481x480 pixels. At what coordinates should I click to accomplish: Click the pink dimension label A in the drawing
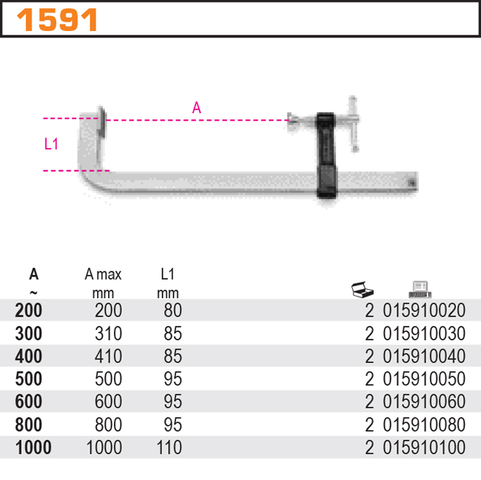pos(196,108)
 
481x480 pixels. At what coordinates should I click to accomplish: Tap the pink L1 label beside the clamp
pos(51,144)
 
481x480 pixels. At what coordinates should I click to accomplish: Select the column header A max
pos(103,274)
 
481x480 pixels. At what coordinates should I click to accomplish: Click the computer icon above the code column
pos(420,288)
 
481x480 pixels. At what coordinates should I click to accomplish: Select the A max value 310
pos(108,334)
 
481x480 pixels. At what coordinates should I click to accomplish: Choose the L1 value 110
pos(169,448)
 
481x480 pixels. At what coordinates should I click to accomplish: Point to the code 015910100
pos(424,448)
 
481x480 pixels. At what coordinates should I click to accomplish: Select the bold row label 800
pos(28,425)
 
